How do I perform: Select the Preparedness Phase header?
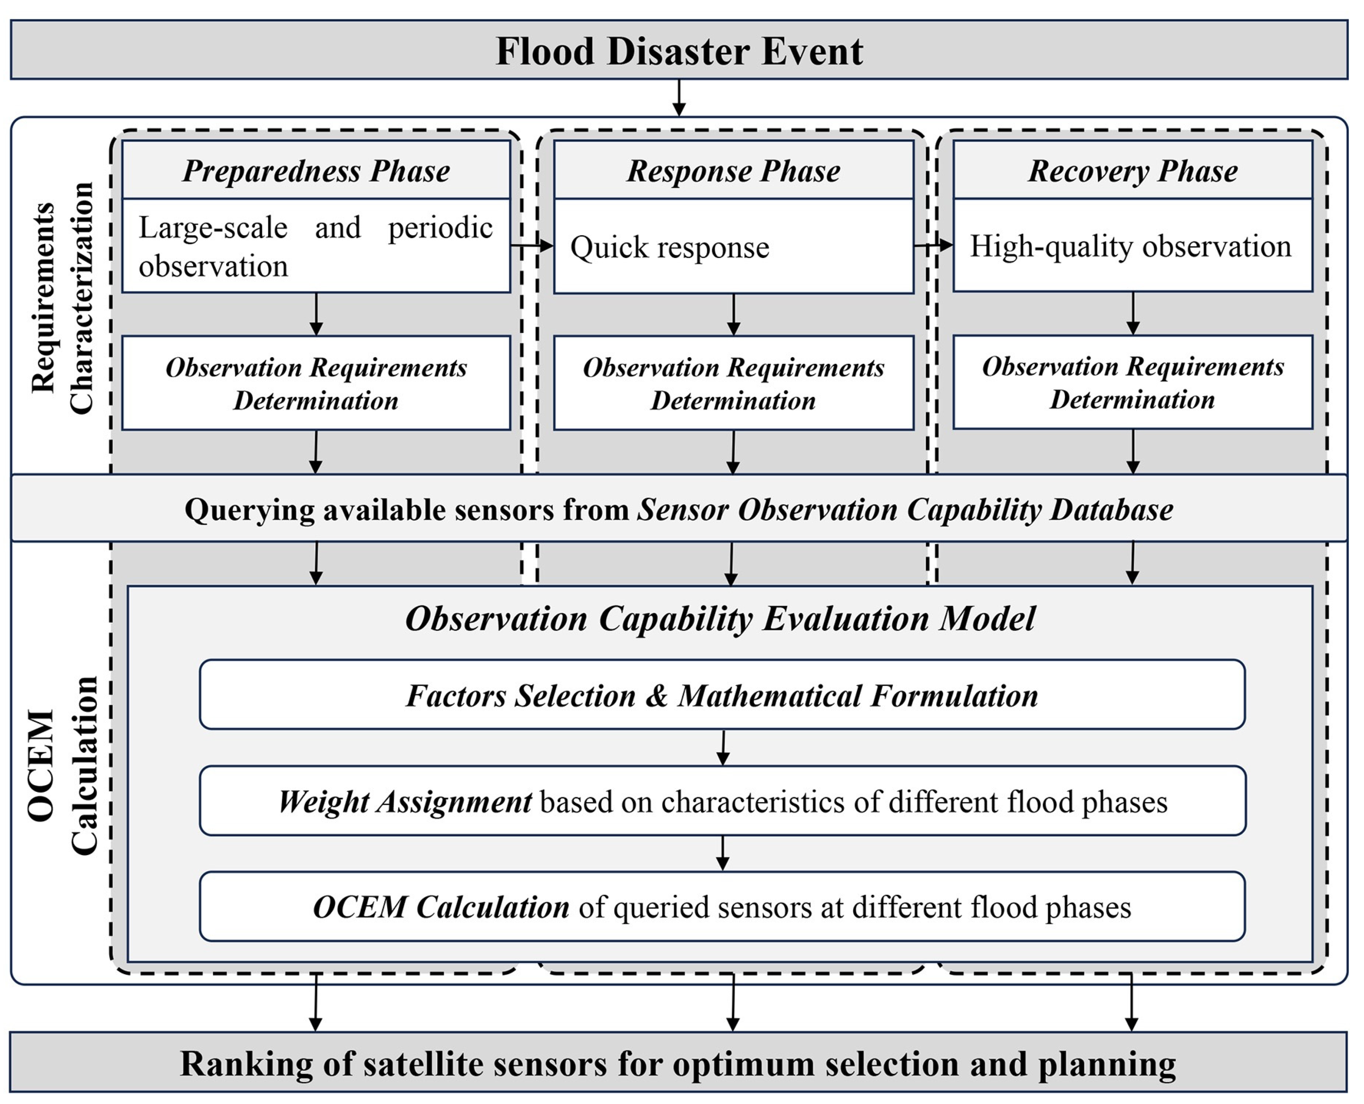[x=316, y=170]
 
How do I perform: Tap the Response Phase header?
[x=734, y=170]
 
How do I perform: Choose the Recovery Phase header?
[x=1132, y=170]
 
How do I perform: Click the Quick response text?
[x=669, y=247]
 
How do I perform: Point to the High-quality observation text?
[x=1130, y=246]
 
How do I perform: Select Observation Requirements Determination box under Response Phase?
[x=734, y=383]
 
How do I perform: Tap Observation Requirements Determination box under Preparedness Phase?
[x=316, y=383]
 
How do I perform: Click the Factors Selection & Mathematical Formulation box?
[x=722, y=695]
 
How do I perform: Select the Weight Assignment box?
[x=722, y=801]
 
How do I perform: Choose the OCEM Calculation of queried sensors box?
[x=722, y=907]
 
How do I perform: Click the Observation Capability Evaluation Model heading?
[x=720, y=618]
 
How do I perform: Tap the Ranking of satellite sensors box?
[x=678, y=1063]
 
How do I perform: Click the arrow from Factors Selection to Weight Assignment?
[x=723, y=748]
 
